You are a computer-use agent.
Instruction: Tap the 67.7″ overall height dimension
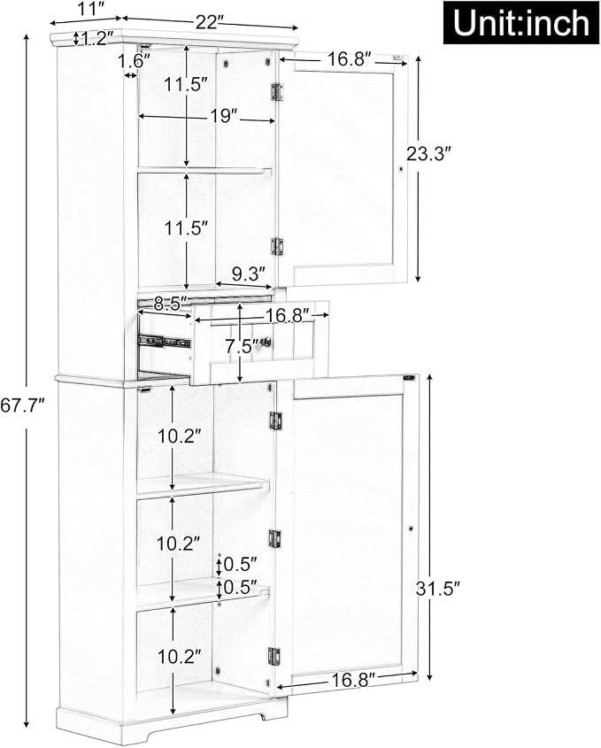point(22,406)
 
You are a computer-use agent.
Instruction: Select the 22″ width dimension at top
point(210,22)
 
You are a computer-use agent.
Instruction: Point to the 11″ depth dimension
point(91,10)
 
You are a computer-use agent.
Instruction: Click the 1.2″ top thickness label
point(96,38)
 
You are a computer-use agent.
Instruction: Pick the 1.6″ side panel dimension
point(134,60)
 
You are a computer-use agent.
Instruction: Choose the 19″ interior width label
point(222,116)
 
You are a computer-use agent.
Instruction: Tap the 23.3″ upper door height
point(428,154)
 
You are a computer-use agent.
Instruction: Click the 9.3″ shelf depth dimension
point(248,274)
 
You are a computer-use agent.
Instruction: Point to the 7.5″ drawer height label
point(243,346)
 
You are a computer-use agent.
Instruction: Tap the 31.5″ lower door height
point(437,589)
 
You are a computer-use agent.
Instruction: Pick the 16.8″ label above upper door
point(350,59)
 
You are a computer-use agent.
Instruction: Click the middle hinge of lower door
point(274,539)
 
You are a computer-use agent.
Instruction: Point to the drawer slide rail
point(164,342)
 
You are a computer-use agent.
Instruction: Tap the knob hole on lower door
point(410,529)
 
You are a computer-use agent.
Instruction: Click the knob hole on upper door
point(401,169)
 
